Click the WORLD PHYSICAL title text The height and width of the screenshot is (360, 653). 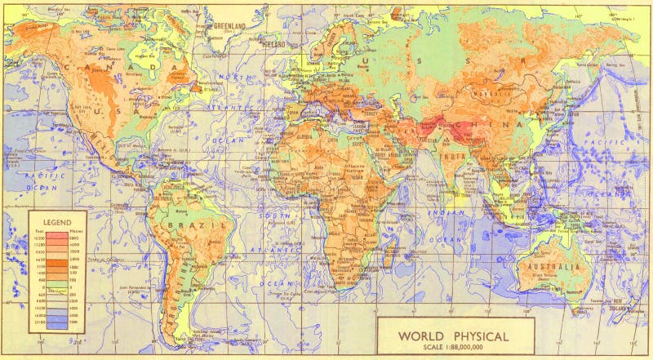click(x=453, y=336)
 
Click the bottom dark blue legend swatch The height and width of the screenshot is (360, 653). click(x=56, y=324)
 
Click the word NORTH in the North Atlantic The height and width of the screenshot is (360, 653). click(x=235, y=77)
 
